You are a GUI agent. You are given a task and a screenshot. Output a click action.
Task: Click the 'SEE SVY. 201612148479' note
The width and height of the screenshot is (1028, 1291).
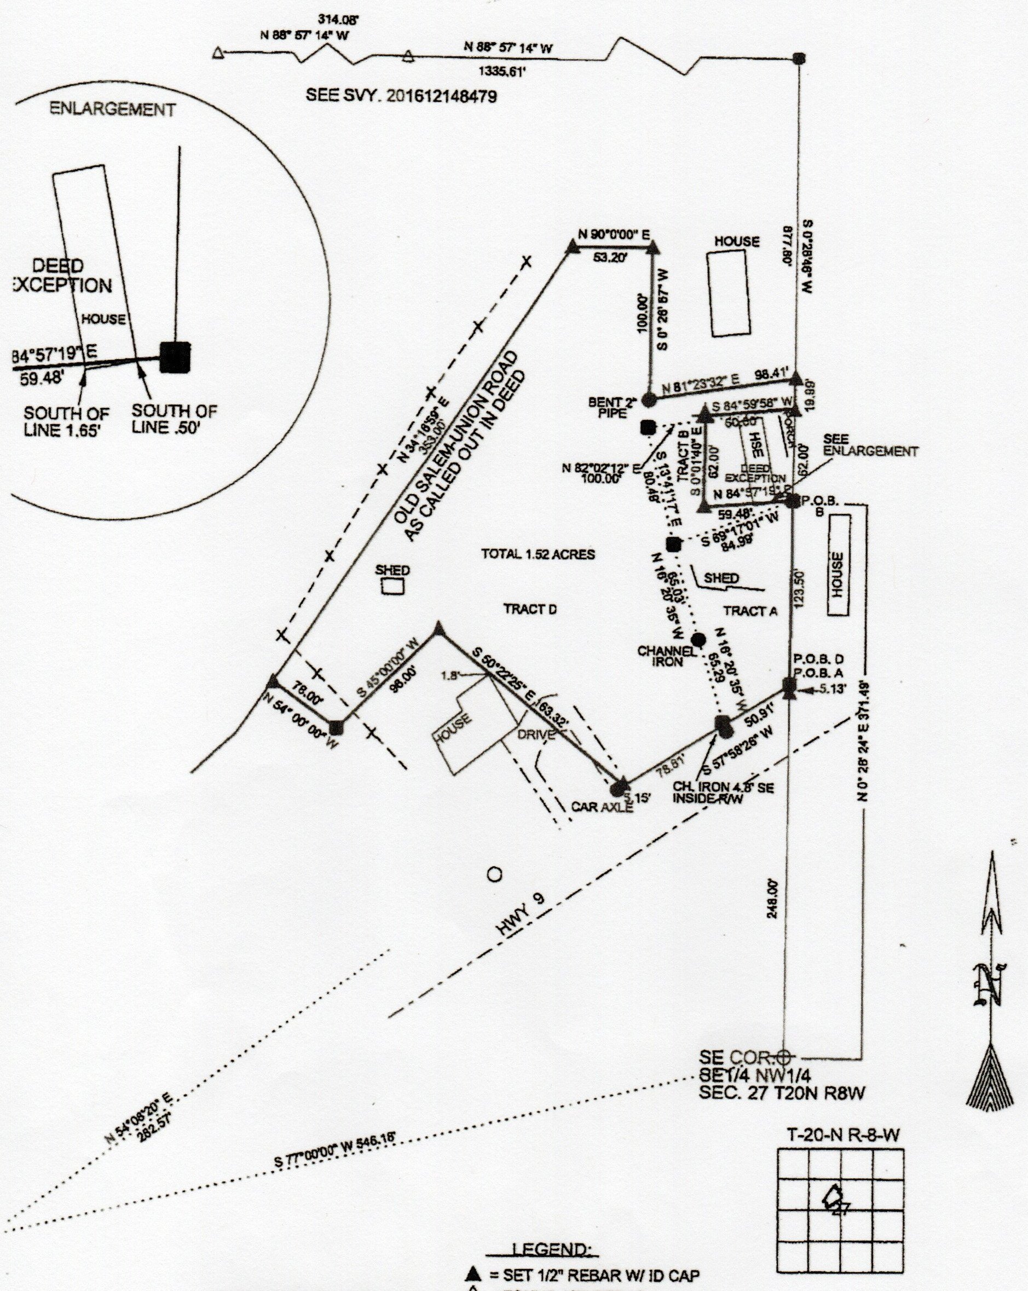point(401,95)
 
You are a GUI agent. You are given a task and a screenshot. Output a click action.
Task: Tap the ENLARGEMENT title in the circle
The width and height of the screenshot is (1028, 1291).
point(113,109)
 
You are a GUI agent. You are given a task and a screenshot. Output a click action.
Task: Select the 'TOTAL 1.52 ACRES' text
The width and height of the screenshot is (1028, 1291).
point(538,554)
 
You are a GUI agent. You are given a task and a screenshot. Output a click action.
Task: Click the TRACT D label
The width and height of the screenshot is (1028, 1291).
point(530,609)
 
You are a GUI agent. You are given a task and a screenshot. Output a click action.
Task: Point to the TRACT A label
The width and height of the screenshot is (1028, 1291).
point(750,611)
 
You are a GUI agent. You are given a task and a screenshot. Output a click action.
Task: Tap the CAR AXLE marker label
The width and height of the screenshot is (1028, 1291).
point(602,807)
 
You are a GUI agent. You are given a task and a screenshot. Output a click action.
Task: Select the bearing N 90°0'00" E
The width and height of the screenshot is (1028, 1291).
point(614,235)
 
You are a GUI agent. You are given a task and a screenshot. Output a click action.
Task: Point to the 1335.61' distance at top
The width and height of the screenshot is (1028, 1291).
point(501,72)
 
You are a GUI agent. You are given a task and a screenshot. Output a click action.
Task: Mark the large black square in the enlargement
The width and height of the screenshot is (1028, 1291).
point(175,357)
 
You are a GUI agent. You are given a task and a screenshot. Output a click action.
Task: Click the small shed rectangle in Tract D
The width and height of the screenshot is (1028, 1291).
point(393,586)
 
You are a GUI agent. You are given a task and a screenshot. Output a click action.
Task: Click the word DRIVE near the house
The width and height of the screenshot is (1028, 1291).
point(536,736)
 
